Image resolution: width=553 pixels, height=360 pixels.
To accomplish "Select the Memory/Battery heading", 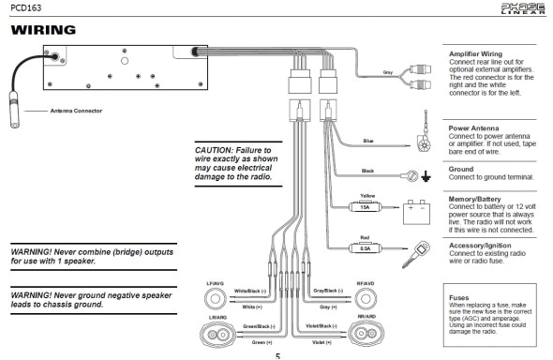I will [479, 199].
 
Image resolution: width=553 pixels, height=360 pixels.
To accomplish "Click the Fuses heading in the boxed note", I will [460, 296].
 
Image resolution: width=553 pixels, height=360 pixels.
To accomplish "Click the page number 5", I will [276, 355].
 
